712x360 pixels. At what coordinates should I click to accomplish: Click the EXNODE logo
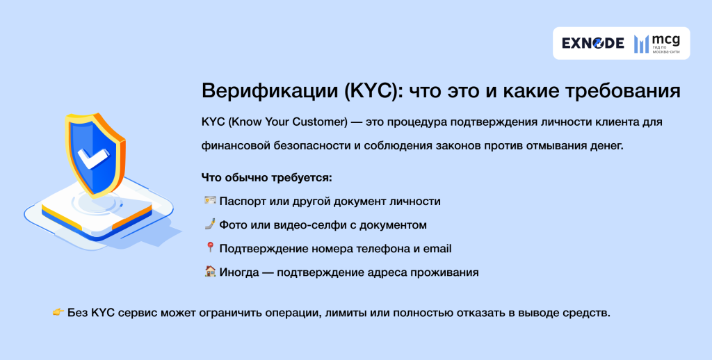point(592,43)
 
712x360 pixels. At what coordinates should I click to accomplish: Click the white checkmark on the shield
point(91,158)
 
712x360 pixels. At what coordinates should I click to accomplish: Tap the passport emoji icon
point(209,201)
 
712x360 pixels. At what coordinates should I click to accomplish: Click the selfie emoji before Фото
point(209,224)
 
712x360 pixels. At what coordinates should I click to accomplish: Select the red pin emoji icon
point(209,248)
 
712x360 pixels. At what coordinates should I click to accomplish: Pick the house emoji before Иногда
point(209,272)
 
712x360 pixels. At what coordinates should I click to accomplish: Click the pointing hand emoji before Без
point(58,313)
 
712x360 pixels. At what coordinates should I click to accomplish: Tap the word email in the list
point(438,249)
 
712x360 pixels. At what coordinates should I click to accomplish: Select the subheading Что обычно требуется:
point(267,177)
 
